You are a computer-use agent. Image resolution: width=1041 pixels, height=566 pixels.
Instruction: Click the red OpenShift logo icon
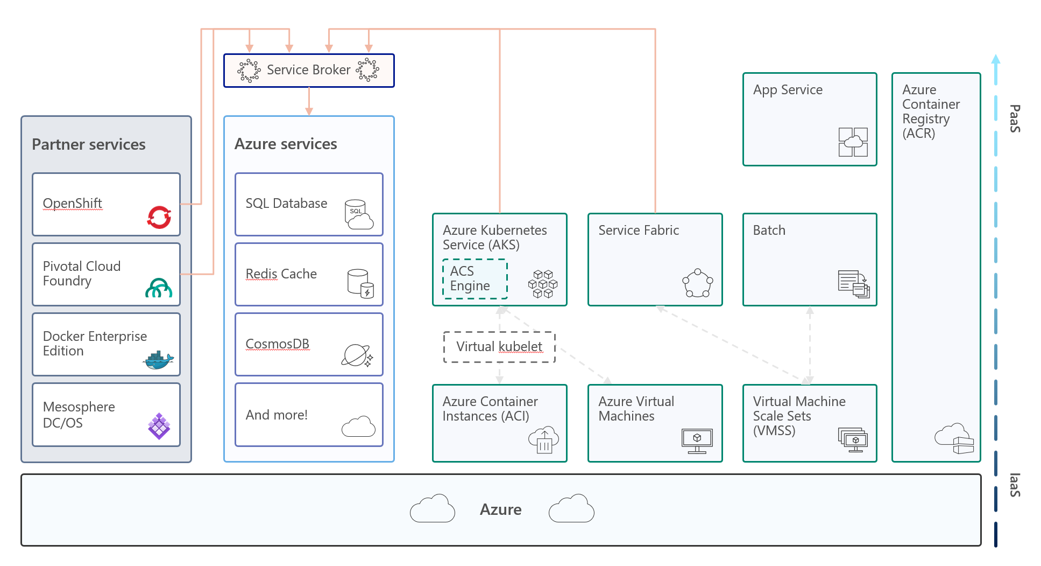(159, 217)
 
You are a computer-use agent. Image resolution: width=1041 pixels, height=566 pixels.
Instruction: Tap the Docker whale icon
(158, 360)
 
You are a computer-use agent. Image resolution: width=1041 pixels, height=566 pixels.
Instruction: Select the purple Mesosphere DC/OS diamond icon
(159, 426)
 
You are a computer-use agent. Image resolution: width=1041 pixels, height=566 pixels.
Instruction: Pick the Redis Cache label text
(281, 274)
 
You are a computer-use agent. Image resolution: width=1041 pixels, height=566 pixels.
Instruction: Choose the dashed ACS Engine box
(475, 278)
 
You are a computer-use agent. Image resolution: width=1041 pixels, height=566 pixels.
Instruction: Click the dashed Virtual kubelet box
(499, 347)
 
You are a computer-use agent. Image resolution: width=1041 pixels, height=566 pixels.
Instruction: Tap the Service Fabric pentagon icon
(698, 283)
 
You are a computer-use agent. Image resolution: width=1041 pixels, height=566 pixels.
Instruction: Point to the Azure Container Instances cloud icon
(544, 440)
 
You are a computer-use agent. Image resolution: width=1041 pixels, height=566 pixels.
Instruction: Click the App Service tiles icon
(853, 142)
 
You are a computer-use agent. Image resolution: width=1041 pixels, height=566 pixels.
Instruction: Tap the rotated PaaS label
(1015, 118)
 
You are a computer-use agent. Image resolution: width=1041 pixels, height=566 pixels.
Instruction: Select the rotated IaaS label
(1015, 485)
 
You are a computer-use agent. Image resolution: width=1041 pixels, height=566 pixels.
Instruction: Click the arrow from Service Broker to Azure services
(309, 101)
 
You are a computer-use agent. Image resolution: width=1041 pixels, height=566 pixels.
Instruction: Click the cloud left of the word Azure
(433, 508)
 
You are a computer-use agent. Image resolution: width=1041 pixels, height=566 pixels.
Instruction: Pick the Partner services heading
(89, 144)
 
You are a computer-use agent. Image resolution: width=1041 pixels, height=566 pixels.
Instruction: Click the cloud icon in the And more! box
(358, 427)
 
